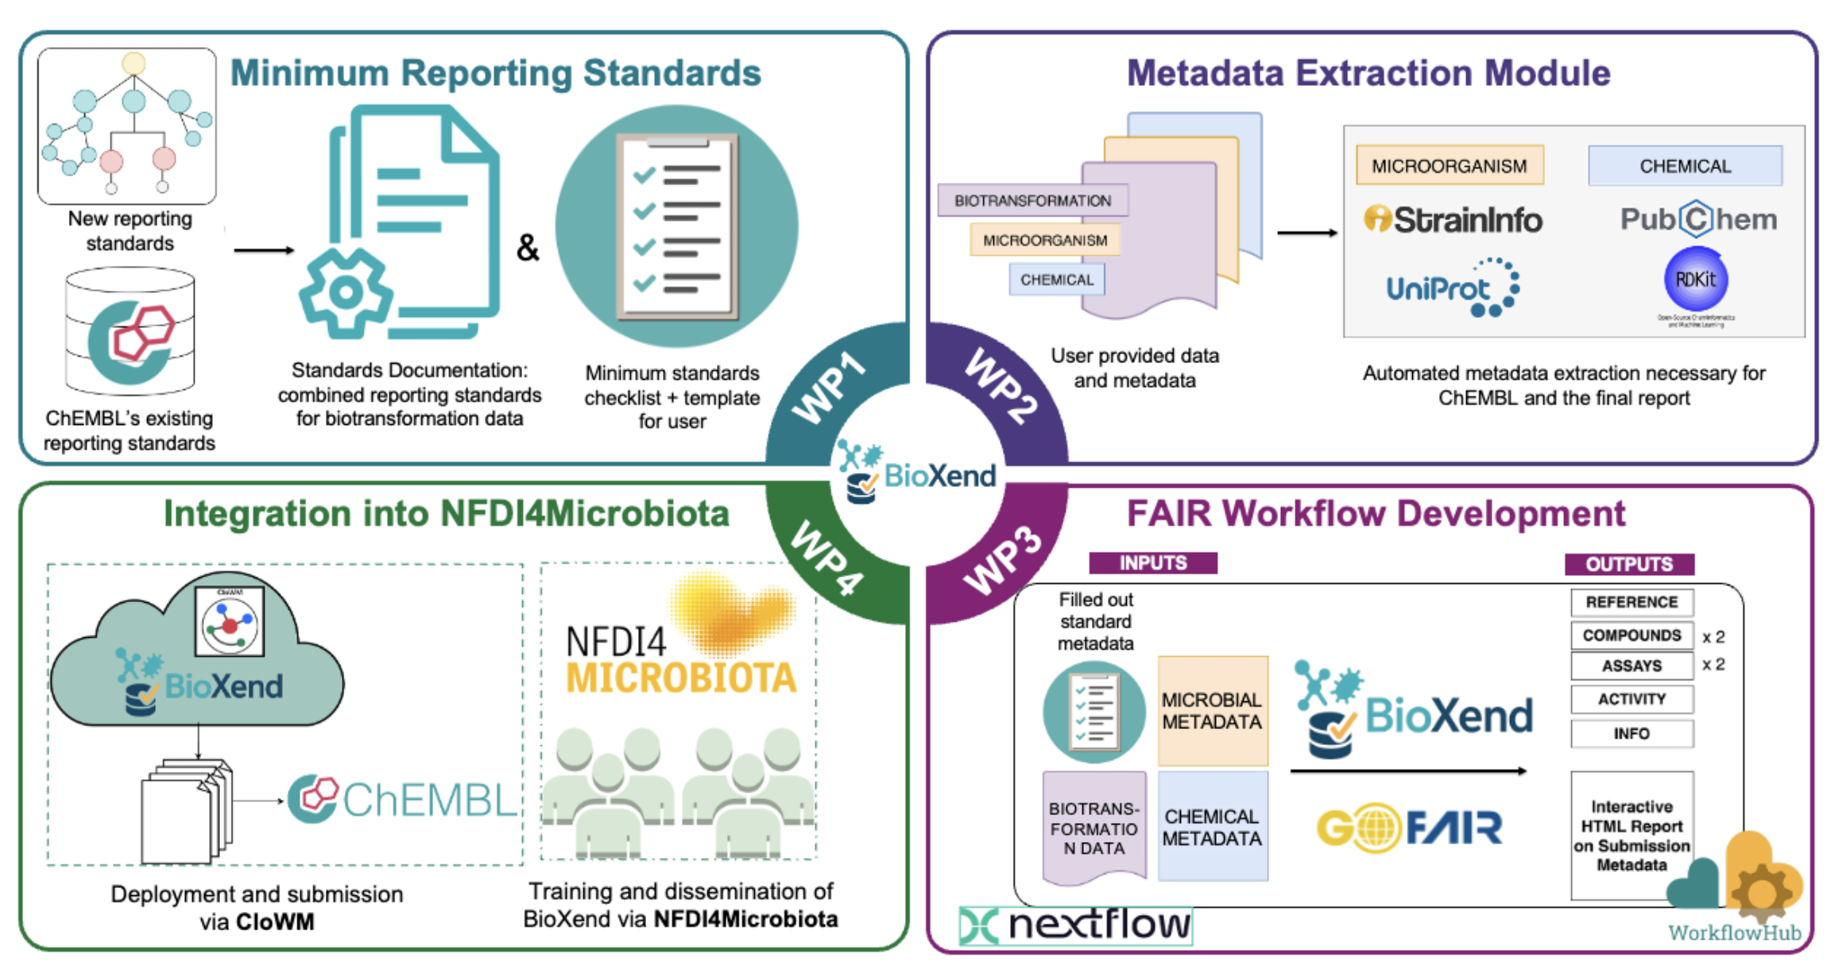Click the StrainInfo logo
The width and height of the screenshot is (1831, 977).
(1453, 220)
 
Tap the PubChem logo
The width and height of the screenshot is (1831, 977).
(1698, 219)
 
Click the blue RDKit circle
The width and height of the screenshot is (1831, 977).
(1695, 280)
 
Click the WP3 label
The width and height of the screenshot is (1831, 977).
(1002, 560)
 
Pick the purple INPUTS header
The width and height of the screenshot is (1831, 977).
(1152, 563)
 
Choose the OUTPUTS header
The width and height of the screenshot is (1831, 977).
(1629, 564)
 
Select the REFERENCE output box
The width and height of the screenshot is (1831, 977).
(1632, 602)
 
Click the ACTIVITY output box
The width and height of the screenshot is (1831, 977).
(1632, 699)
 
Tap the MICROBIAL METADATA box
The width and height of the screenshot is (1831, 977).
(1212, 711)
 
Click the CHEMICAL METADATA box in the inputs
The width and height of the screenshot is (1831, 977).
(1212, 827)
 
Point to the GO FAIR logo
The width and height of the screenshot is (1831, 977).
(1409, 828)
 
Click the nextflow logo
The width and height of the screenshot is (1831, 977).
(1076, 925)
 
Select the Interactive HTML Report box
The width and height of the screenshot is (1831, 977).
(1632, 835)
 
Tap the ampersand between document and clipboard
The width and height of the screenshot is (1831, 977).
(528, 248)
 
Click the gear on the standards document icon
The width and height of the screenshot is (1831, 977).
(346, 292)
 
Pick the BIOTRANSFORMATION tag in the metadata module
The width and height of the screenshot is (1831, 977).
(1032, 201)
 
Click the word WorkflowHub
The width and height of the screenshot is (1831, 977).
(1734, 933)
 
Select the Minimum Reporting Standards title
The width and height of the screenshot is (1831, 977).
(495, 73)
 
